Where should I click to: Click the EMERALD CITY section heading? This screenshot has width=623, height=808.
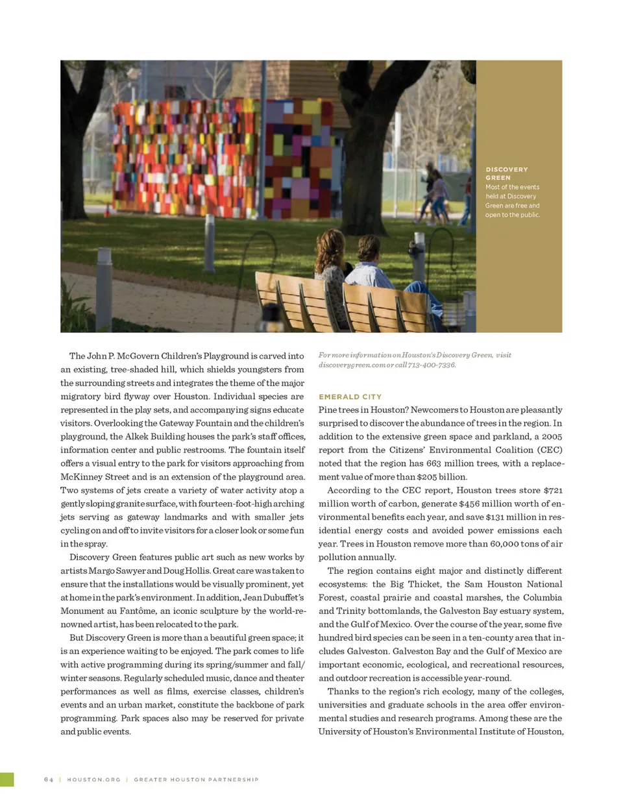click(x=350, y=397)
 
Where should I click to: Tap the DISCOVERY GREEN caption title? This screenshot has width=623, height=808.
click(x=506, y=173)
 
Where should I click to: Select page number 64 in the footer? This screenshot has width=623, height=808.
click(x=49, y=779)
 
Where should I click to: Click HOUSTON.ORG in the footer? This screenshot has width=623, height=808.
click(x=93, y=779)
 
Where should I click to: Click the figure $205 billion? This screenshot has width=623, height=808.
click(x=444, y=477)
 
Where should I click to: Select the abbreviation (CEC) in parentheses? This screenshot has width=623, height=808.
click(x=549, y=450)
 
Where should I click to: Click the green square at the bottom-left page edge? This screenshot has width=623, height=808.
click(x=6, y=779)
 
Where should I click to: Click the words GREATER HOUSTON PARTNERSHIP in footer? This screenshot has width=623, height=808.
click(x=196, y=779)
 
